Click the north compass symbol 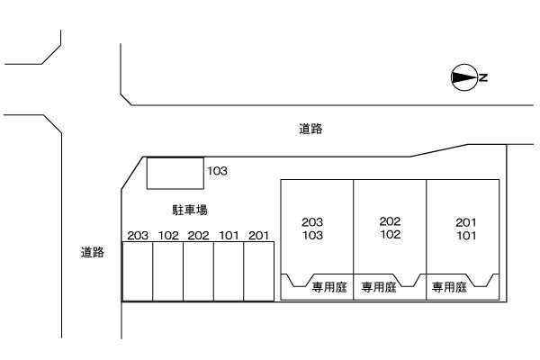pos(464,78)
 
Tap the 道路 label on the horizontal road pos(310,129)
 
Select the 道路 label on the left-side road pos(93,252)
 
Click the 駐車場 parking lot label pos(190,210)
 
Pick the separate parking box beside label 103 pos(175,174)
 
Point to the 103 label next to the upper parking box pos(217,171)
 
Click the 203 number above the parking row pos(138,236)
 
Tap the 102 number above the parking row pos(168,236)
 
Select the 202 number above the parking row pos(198,236)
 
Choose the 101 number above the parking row pos(229,236)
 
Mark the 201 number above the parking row pos(258,236)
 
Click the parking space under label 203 pos(138,272)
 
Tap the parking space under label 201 pos(259,272)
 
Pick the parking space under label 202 pos(198,272)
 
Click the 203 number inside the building pos(312,222)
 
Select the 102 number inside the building pos(391,235)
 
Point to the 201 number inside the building pos(466,222)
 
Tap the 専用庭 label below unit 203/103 pos(329,287)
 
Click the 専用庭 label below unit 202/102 pos(379,287)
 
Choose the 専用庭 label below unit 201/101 pos(449,287)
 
